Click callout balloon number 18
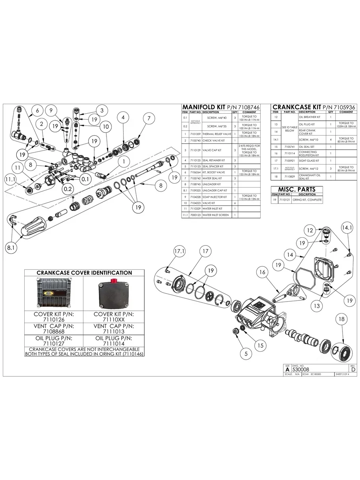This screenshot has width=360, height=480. click(341, 319)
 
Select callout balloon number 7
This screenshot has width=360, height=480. click(149, 118)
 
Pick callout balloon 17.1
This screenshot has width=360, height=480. click(180, 251)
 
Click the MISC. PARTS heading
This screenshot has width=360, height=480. click(296, 189)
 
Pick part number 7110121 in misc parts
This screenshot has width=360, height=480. click(285, 200)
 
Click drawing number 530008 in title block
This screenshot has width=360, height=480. click(300, 369)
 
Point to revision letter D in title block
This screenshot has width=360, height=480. click(353, 370)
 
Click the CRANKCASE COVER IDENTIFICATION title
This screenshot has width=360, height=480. click(84, 273)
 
